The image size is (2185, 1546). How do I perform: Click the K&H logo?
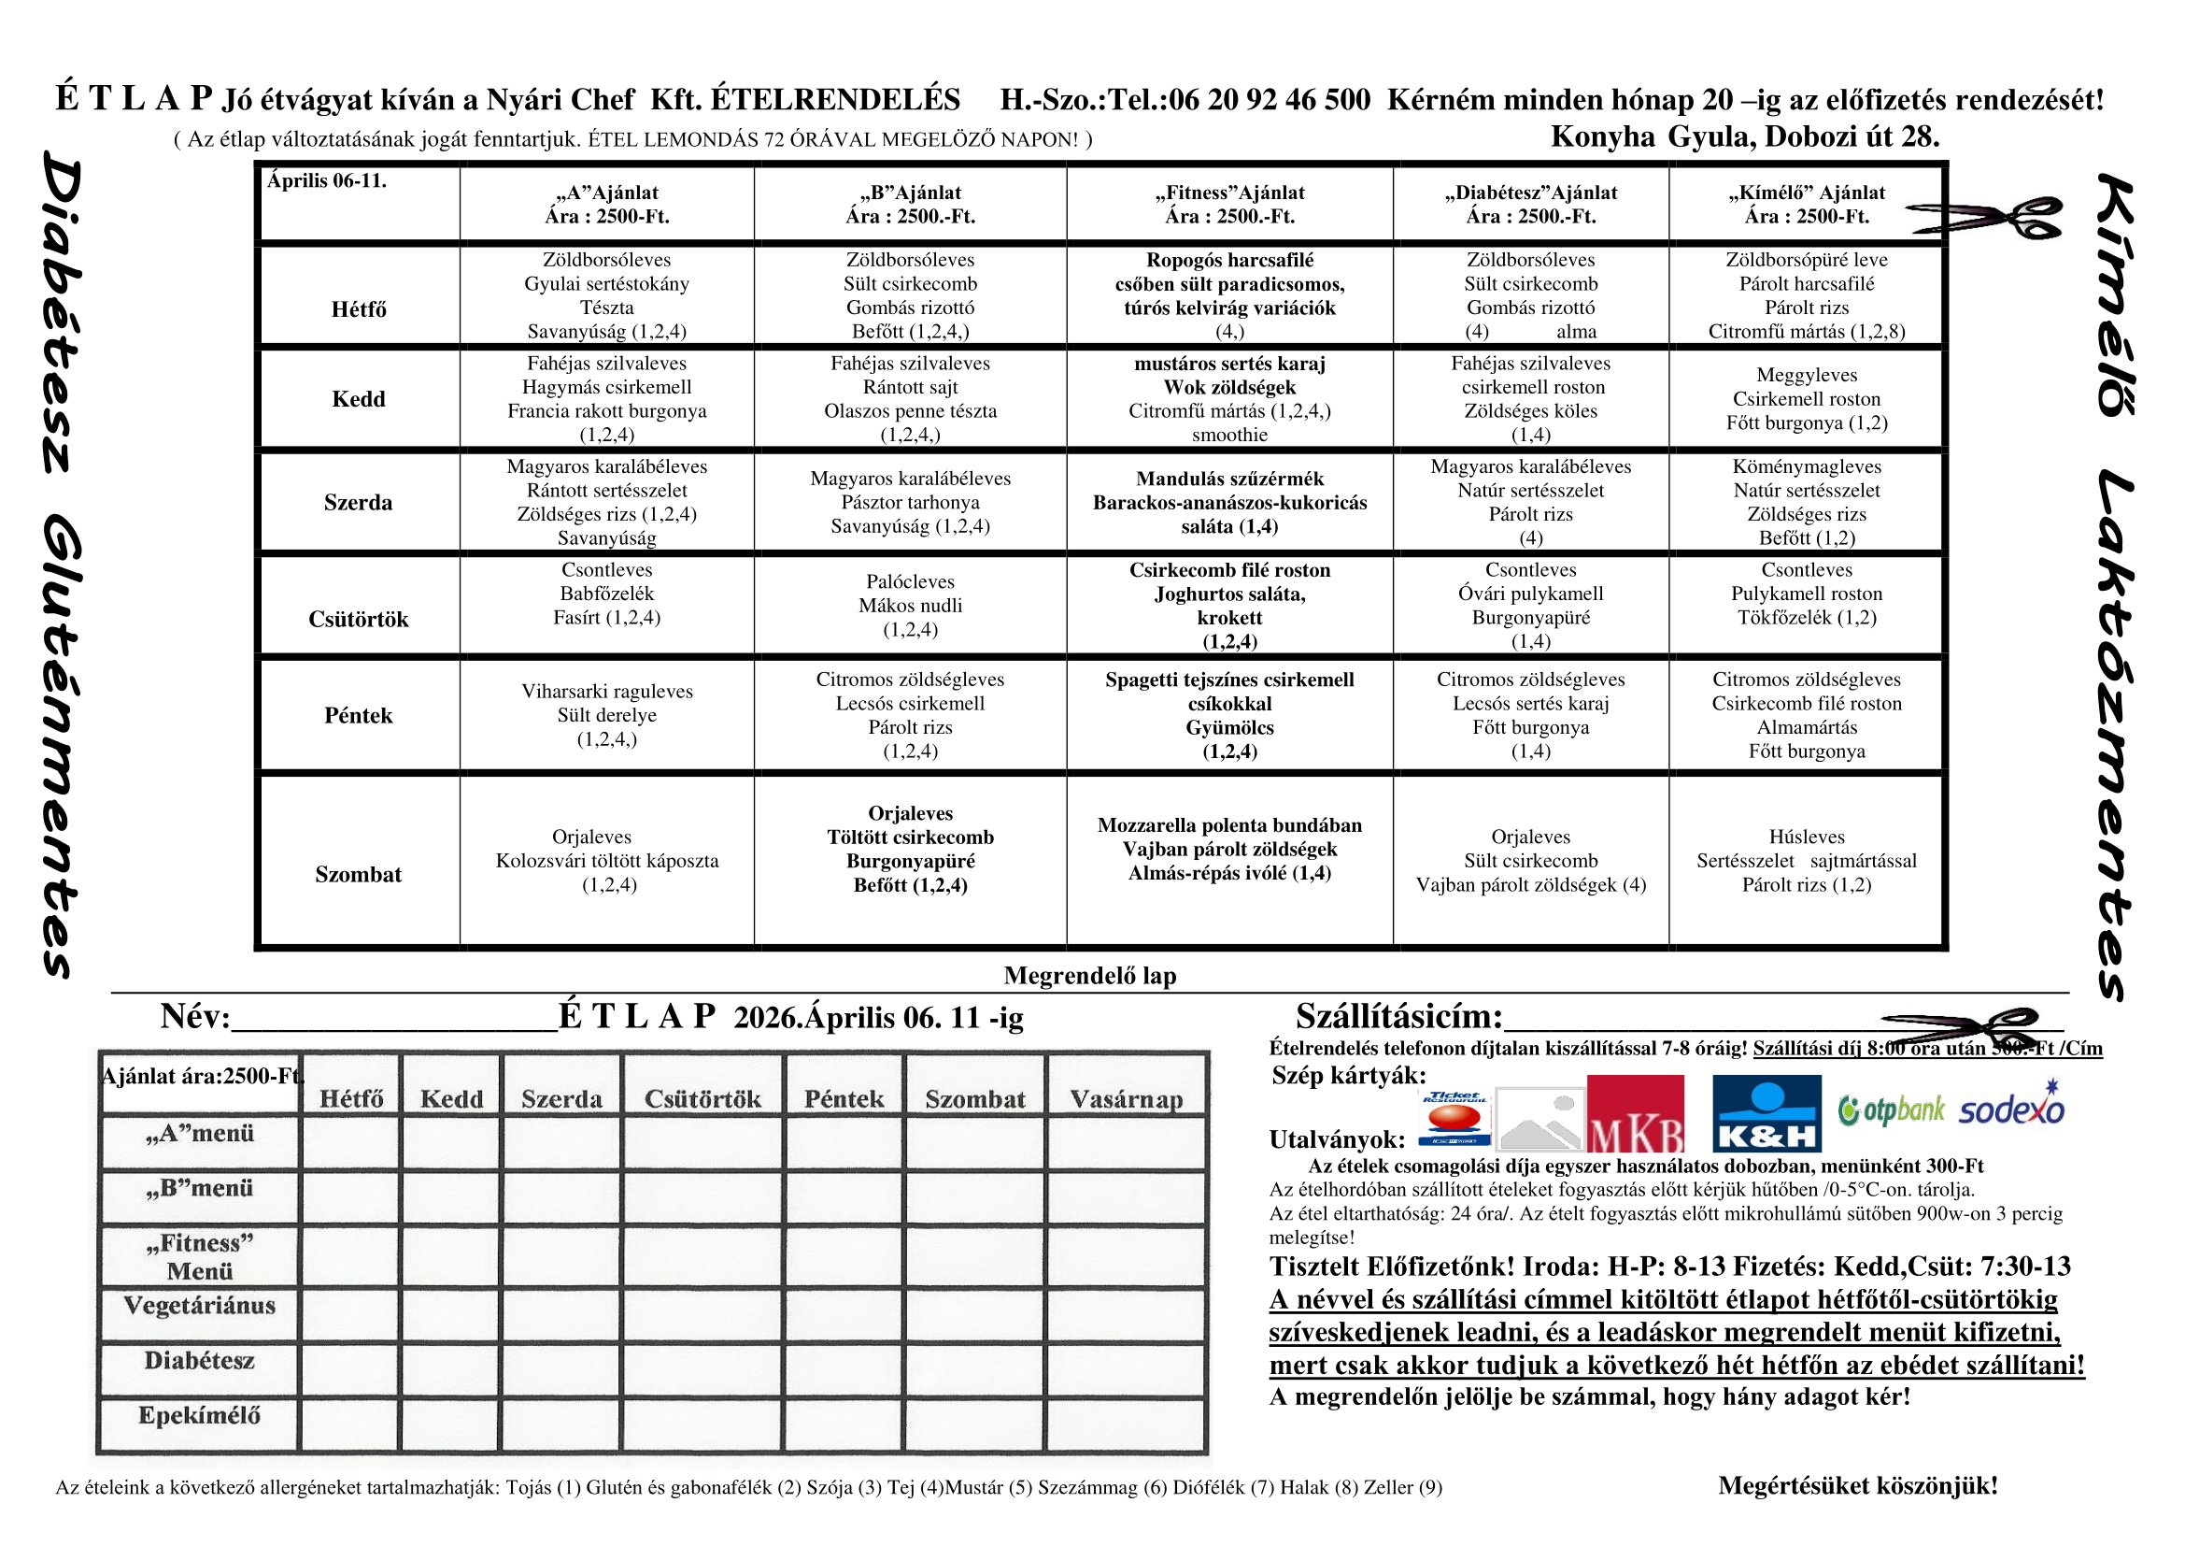(1766, 1113)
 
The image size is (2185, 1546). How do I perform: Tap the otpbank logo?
(1891, 1110)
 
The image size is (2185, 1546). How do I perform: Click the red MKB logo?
(1635, 1114)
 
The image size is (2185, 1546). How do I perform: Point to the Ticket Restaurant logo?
(1454, 1118)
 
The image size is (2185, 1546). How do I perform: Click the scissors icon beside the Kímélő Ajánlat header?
(1985, 216)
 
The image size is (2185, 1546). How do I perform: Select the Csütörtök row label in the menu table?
(358, 620)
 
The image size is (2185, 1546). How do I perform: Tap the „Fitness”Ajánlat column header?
(1229, 193)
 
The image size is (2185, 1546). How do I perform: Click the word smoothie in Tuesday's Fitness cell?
(1229, 435)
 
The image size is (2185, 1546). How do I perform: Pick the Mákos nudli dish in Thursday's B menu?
(910, 606)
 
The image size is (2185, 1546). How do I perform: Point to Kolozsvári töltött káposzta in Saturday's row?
(607, 861)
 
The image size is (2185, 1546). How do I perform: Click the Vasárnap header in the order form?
(1126, 1099)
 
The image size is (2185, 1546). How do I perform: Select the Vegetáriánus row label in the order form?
(200, 1305)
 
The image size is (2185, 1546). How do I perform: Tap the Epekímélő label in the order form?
(199, 1415)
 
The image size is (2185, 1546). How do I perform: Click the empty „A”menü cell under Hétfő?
(350, 1141)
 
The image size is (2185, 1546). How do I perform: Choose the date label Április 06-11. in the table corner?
(326, 181)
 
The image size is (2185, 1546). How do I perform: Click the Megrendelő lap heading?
(1089, 976)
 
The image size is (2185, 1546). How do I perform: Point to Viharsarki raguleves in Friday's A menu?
(607, 691)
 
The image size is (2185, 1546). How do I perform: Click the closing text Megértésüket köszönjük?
(1858, 1485)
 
